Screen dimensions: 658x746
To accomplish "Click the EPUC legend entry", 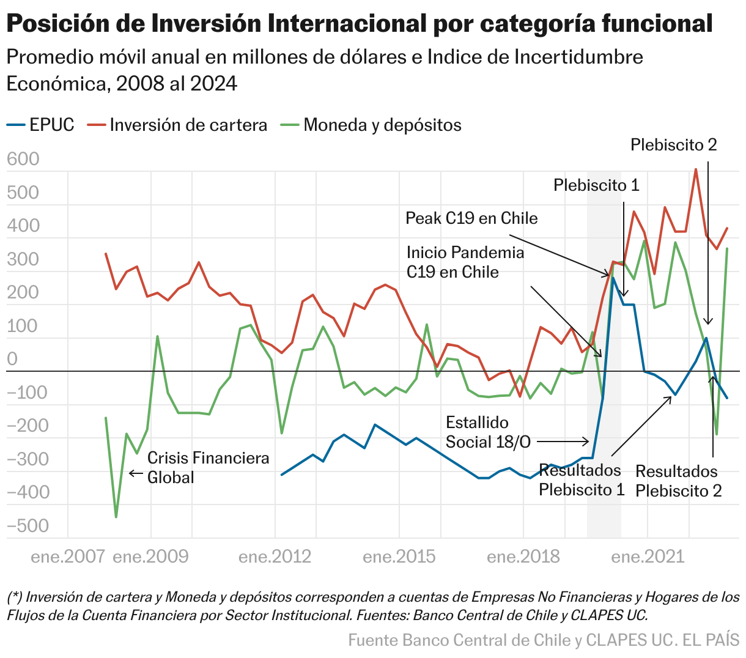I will tap(41, 125).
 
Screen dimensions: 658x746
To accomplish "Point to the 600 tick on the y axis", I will tap(23, 160).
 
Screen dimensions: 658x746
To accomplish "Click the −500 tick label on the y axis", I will tap(27, 526).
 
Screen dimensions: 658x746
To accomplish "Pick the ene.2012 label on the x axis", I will tap(275, 556).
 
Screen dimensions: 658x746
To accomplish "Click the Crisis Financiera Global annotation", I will tap(208, 467).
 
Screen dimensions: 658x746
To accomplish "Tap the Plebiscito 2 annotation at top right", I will tap(673, 145).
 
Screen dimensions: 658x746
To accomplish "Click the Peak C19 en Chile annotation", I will tap(471, 218).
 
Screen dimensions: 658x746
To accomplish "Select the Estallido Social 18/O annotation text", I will tap(487, 432).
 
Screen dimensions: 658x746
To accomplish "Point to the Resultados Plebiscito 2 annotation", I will tap(678, 481).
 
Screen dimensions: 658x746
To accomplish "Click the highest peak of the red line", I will tap(696, 169).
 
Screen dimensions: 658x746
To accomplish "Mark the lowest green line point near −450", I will tap(116, 517).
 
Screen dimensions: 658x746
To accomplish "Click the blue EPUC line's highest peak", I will tap(613, 277).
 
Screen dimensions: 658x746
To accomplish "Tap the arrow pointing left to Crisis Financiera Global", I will tap(136, 473).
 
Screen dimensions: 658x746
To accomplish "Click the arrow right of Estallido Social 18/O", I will tap(563, 442).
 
